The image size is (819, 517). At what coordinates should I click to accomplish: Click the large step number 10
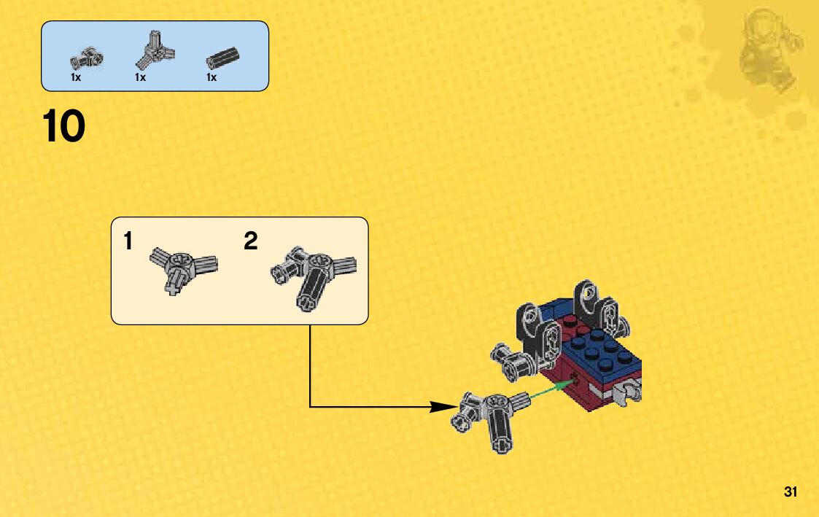tap(64, 126)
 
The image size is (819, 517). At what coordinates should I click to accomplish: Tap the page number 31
tap(791, 491)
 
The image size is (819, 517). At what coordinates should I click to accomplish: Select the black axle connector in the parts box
tap(222, 56)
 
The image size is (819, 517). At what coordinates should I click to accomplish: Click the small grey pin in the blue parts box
tap(88, 58)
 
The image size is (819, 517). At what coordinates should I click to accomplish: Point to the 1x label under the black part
tap(211, 77)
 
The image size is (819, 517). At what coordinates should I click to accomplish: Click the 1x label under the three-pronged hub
tap(140, 77)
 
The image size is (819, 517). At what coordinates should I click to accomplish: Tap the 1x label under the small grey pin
tap(76, 77)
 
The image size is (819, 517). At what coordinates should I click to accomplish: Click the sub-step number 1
tap(128, 241)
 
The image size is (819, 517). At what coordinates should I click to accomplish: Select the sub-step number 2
tap(251, 241)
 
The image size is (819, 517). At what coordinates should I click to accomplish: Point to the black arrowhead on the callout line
tap(442, 407)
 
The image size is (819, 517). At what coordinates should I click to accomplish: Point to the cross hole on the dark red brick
tap(575, 377)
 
